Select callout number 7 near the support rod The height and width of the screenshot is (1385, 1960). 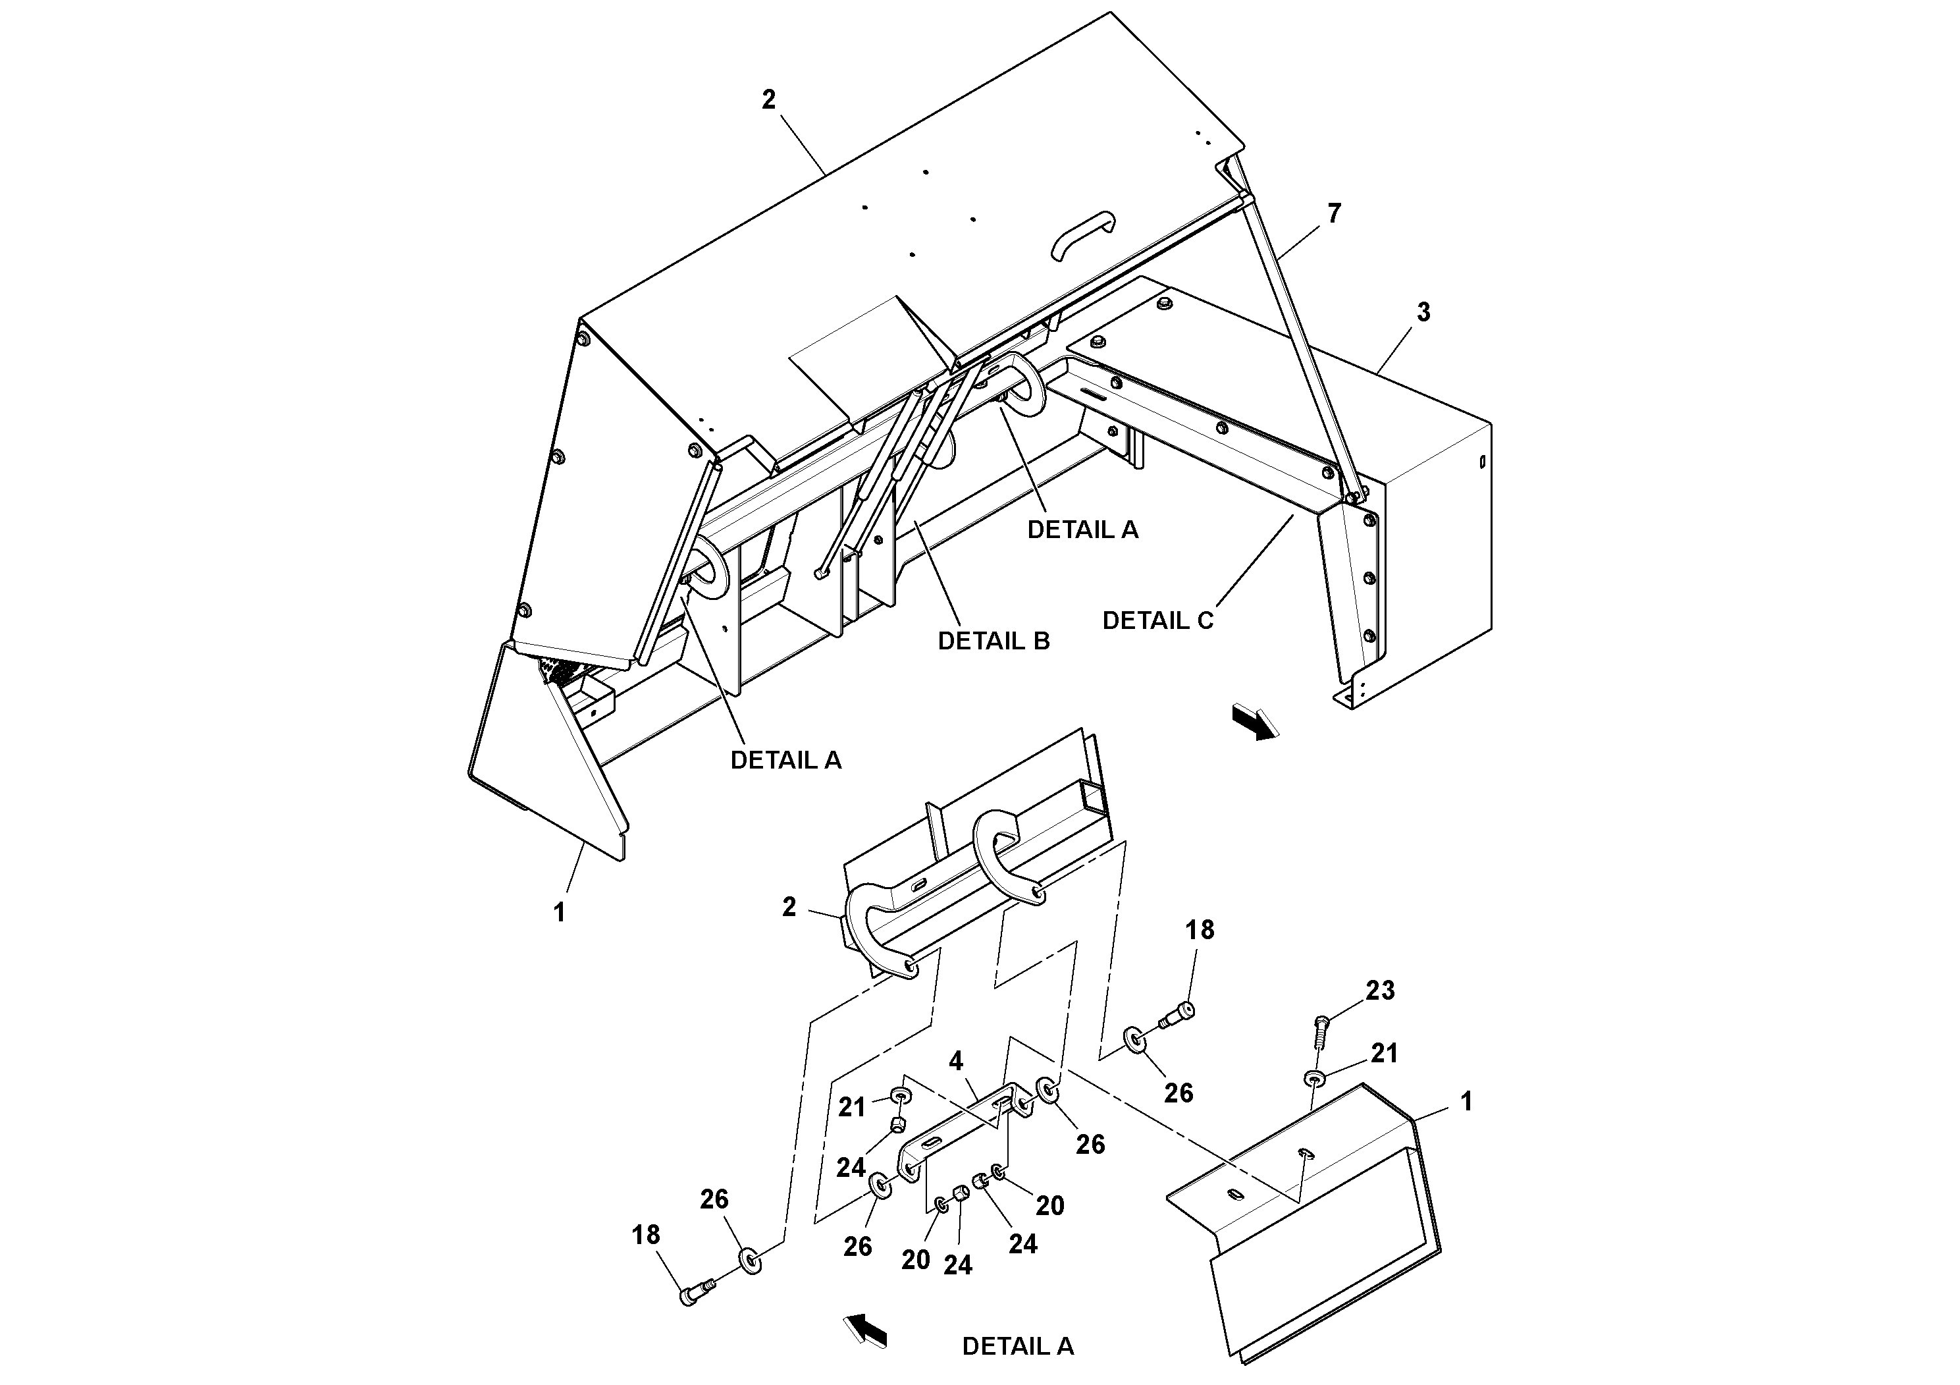tap(1335, 213)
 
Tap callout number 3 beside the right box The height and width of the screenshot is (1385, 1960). tap(1423, 313)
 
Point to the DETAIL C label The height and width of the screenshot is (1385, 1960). tap(1157, 621)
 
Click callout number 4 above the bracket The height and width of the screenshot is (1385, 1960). tap(956, 1062)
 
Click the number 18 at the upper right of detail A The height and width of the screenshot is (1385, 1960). tap(1200, 930)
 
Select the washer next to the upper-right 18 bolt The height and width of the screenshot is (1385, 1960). tap(1135, 1039)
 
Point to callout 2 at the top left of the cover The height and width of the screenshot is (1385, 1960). tap(768, 100)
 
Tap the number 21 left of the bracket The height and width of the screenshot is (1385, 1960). tap(851, 1108)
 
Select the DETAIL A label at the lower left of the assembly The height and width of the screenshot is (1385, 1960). tap(785, 760)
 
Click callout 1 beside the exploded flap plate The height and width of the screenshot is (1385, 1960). tap(1467, 1102)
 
